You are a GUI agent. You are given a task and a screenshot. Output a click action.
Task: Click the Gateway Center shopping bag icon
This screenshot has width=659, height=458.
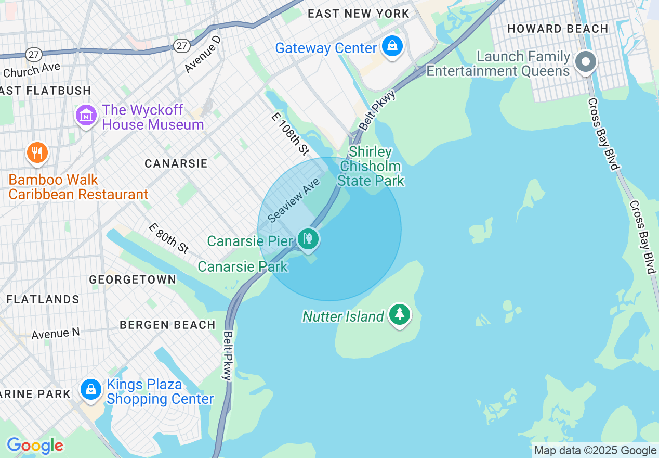pos(392,46)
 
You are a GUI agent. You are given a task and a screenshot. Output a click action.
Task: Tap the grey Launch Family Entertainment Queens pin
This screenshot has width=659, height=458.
pos(586,61)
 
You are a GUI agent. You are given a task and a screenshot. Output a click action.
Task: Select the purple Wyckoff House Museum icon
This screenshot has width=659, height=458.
pos(86,115)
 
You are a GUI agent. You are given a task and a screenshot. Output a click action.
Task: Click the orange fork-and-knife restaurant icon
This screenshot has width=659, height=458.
pos(36,153)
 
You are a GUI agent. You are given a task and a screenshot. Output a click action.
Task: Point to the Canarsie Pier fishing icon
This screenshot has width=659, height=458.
pos(309,239)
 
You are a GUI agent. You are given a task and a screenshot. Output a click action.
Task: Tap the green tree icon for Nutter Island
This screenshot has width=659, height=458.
pos(399,314)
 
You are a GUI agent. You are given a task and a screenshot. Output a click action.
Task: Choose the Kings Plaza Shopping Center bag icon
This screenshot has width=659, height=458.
pos(91,389)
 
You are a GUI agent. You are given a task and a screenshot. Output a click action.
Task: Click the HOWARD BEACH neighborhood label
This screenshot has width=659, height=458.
pos(558,29)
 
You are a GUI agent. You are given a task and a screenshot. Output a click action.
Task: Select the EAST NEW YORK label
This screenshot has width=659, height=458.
pos(359,14)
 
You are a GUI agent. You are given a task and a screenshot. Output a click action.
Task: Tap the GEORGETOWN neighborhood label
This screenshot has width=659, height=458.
pos(133,280)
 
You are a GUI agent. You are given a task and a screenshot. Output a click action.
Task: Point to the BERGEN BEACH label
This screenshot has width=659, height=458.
pos(167,325)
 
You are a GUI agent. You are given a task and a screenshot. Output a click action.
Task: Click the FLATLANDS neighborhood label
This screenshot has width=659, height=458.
pos(43,299)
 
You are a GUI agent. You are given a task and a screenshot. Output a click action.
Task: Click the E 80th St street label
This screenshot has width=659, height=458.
pos(168,238)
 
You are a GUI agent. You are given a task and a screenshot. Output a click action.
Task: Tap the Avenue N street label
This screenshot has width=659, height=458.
pos(56,333)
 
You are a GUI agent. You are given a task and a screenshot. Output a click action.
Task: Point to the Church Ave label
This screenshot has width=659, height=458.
pos(32,70)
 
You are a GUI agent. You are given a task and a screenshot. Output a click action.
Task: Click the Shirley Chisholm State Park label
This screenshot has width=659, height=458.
pos(371,167)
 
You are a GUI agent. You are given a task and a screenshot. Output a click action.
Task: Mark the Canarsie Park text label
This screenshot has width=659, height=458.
pos(243,266)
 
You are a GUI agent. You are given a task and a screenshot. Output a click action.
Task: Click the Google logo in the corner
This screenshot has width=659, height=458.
pos(35,446)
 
